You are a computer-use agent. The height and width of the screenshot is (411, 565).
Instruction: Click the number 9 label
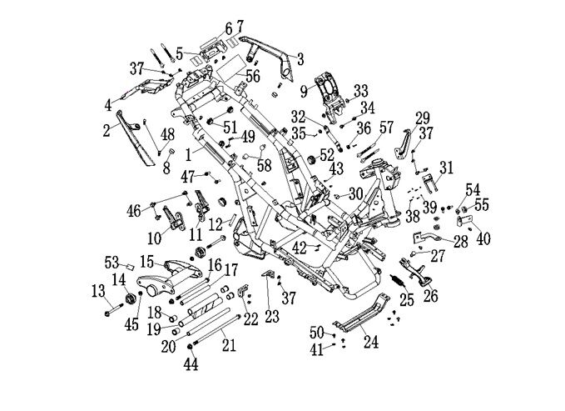(304, 89)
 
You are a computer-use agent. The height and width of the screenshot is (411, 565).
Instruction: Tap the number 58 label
(264, 165)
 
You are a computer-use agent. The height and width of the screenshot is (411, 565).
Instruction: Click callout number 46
(132, 209)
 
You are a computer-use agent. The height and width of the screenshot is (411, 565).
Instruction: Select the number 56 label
(252, 76)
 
